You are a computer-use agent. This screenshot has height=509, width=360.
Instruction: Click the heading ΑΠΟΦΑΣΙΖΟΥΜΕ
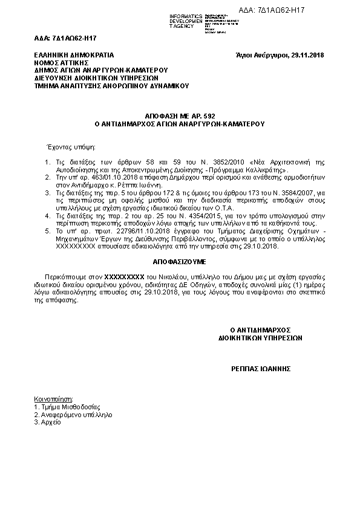[179, 262]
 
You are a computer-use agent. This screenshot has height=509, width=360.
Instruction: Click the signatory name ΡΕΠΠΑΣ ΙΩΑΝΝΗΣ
[262, 368]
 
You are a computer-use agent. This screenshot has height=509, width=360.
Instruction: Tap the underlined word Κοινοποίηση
[53, 400]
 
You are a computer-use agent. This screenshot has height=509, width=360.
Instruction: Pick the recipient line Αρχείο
[48, 423]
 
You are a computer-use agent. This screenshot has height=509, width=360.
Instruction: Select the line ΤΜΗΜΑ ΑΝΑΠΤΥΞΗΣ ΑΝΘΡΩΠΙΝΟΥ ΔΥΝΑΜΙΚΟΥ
[112, 85]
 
